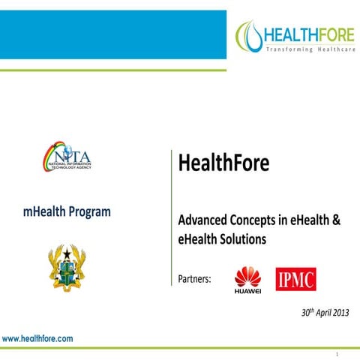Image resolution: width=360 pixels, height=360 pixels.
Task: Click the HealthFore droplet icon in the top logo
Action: (x=250, y=34)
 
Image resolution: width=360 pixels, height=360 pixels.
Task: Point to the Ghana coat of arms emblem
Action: (x=68, y=269)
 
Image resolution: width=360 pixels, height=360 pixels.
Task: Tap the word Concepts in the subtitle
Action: (x=255, y=222)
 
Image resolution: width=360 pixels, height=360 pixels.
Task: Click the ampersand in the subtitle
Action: (x=337, y=222)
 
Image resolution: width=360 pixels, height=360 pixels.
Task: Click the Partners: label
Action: (x=194, y=279)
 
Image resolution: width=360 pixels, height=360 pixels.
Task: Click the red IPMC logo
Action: (x=295, y=279)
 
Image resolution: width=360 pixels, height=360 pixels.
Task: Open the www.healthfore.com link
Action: (x=37, y=339)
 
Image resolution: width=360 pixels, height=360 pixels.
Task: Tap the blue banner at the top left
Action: (x=112, y=34)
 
